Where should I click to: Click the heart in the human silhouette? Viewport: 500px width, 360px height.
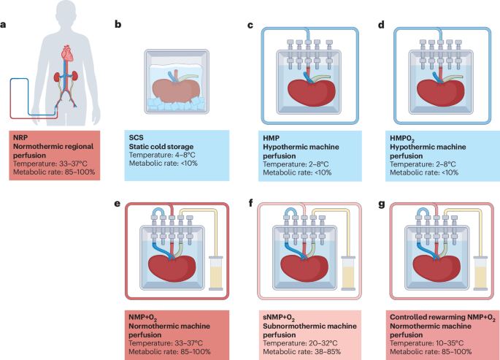[x=67, y=53]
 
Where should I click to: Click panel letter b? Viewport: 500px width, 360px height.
[x=118, y=24]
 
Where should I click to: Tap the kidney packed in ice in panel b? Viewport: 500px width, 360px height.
[x=177, y=90]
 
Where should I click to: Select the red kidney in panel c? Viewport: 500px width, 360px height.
[x=312, y=93]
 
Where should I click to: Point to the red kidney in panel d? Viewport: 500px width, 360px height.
[x=441, y=93]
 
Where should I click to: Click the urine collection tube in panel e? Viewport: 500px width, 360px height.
[x=215, y=273]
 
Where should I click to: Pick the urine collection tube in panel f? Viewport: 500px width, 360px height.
[x=348, y=273]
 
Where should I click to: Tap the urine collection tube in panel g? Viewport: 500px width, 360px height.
[x=480, y=273]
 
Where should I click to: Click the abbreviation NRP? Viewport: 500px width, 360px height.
[x=20, y=138]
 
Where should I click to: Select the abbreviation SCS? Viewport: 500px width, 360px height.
[x=136, y=138]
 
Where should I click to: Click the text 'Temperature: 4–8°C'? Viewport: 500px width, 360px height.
[x=162, y=155]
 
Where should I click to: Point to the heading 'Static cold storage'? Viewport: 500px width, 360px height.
[x=161, y=147]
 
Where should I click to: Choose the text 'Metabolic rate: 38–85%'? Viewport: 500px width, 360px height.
[x=301, y=352]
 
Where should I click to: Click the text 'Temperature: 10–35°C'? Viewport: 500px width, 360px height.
[x=427, y=343]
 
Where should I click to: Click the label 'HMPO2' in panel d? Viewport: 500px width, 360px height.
[x=402, y=139]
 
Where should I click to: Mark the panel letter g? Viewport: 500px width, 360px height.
[x=382, y=204]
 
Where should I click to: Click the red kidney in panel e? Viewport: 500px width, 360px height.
[x=172, y=269]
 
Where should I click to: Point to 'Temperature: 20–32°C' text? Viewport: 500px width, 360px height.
[x=300, y=343]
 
